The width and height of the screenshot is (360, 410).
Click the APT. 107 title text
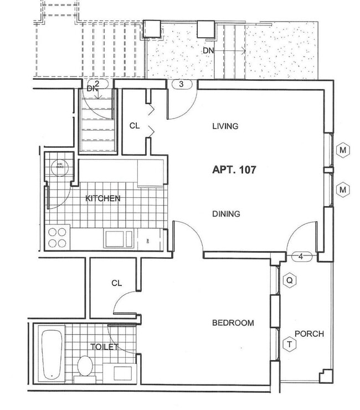[234, 170]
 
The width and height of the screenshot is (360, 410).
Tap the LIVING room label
[225, 126]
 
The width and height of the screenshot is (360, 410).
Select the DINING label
[226, 214]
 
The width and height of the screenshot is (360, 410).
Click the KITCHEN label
[102, 198]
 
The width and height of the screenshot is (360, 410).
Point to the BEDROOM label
[233, 323]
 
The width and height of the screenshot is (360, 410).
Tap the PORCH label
[309, 334]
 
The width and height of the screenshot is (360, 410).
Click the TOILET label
[105, 347]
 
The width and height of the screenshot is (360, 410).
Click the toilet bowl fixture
[85, 366]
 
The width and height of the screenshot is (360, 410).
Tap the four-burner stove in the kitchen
[58, 238]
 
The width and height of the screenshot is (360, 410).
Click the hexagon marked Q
[289, 281]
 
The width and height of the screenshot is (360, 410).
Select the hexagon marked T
[289, 345]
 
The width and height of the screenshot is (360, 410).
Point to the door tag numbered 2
[97, 84]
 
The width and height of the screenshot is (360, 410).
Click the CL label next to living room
[135, 126]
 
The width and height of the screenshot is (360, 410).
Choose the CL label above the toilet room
[116, 283]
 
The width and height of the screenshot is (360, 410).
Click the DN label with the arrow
[208, 50]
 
